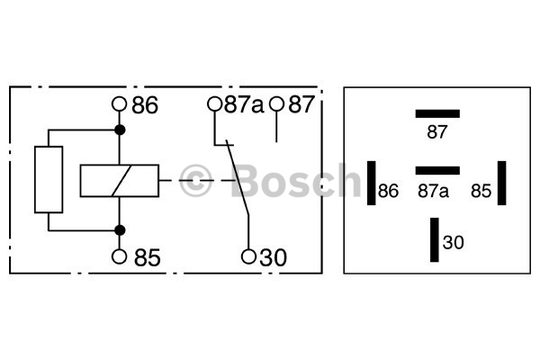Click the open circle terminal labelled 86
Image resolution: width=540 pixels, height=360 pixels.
(x=119, y=104)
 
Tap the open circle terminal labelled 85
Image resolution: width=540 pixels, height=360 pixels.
(x=119, y=256)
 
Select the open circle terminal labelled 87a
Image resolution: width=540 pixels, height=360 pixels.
(x=214, y=104)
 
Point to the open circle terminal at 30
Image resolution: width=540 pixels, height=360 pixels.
(x=248, y=256)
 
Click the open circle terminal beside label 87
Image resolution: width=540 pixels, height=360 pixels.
(x=276, y=104)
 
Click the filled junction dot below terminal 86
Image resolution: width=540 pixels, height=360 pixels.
(x=120, y=130)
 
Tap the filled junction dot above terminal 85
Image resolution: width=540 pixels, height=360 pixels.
(x=120, y=230)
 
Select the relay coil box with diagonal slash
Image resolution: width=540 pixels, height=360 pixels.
(x=120, y=181)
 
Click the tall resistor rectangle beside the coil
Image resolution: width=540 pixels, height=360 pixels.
(x=49, y=179)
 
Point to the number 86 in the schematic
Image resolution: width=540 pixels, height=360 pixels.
(x=145, y=105)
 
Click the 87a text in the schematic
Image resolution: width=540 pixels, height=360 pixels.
(x=244, y=104)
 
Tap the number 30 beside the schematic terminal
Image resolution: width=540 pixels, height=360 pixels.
(x=273, y=257)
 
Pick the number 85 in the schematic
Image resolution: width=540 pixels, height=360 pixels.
(x=147, y=257)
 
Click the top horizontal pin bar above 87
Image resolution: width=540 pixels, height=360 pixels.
(x=437, y=113)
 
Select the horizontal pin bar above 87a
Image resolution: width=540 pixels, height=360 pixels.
(x=437, y=170)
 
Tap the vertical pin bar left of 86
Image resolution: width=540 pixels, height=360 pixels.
(x=371, y=183)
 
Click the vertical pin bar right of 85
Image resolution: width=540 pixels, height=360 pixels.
(x=502, y=183)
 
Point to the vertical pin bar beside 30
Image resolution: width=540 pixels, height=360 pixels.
(x=435, y=239)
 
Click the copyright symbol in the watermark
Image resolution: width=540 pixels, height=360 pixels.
(x=195, y=181)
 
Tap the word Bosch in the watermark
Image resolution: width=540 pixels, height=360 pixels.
(x=295, y=180)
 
